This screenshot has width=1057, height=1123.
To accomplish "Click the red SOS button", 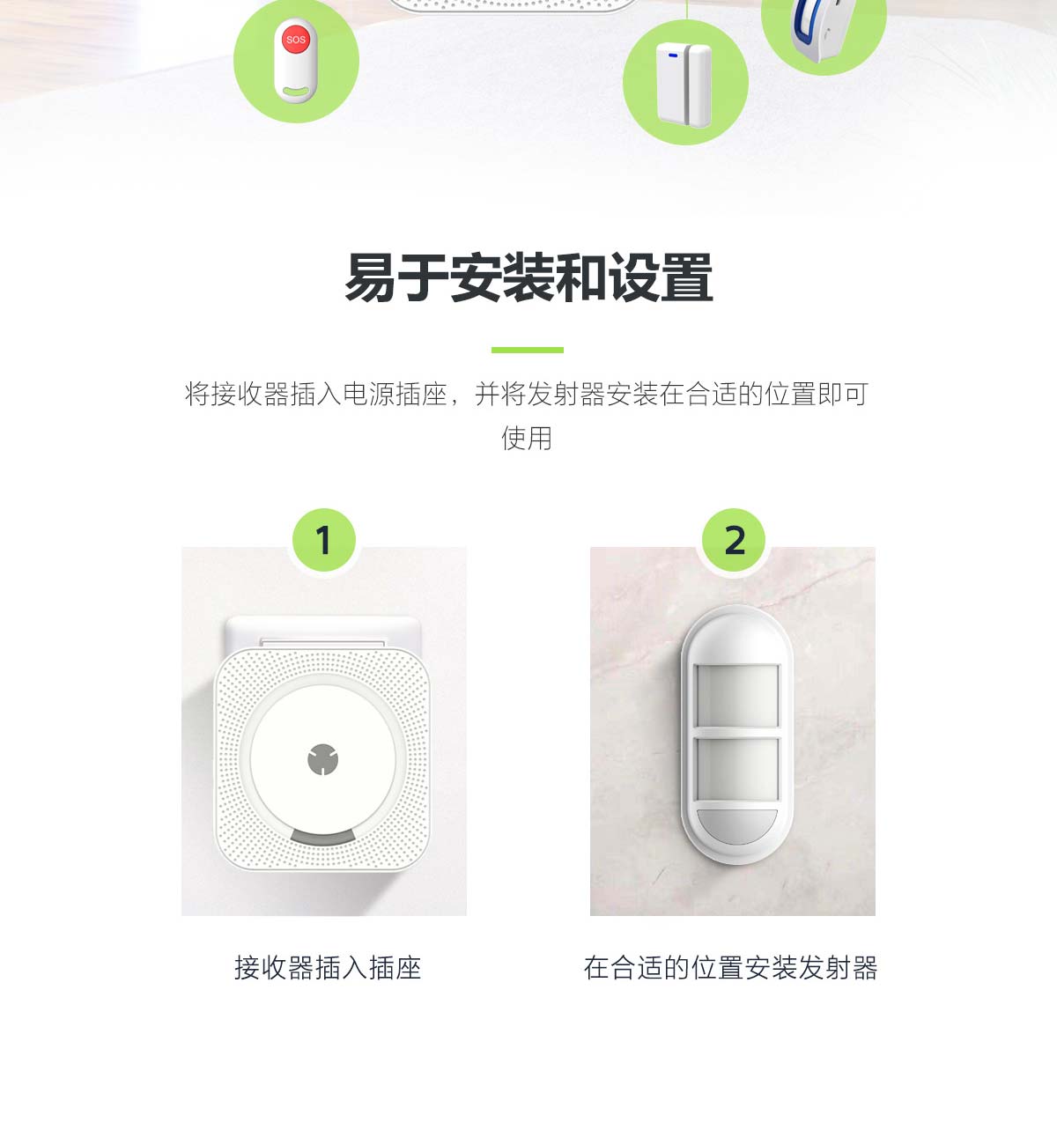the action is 296,39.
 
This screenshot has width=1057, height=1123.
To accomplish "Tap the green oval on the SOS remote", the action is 297,91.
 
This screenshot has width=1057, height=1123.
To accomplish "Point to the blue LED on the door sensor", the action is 673,55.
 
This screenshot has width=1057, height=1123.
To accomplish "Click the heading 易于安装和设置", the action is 528,277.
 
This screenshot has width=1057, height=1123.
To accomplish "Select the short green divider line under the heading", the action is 527,350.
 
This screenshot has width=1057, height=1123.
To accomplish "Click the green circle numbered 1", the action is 324,539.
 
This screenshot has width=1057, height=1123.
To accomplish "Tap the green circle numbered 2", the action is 734,539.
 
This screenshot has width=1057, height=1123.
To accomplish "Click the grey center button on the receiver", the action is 323,759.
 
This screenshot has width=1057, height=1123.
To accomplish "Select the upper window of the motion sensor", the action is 737,696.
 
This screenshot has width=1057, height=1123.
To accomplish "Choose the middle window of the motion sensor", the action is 737,768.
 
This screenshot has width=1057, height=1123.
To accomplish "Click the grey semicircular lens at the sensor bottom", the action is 737,826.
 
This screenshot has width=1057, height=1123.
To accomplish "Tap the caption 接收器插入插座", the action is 328,967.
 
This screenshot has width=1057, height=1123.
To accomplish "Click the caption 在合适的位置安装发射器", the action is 731,967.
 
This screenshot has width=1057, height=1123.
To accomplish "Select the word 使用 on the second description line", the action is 527,439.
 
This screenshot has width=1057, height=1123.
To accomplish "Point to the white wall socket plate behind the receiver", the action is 323,632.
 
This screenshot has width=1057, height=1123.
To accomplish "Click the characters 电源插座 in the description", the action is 395,394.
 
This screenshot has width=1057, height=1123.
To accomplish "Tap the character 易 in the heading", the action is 370,277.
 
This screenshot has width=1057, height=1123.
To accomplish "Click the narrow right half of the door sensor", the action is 699,85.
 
